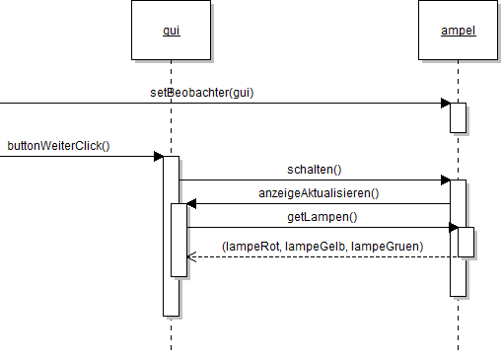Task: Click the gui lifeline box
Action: point(171,31)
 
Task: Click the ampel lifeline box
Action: point(459,31)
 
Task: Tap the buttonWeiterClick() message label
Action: point(58,146)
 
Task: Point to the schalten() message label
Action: point(315,170)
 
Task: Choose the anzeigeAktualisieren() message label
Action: point(319,193)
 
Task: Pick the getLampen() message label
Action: point(323,217)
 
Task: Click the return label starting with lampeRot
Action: point(323,245)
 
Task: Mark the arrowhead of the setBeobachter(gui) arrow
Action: point(446,103)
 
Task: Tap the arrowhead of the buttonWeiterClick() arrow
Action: point(158,156)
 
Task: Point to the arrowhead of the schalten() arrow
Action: point(446,180)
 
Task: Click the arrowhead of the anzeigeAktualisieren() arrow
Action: point(191,203)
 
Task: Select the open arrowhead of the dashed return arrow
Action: point(191,256)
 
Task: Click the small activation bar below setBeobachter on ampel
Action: point(458,117)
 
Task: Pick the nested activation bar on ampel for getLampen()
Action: point(466,243)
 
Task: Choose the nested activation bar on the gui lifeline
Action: point(179,240)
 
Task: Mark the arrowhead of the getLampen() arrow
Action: point(454,227)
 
